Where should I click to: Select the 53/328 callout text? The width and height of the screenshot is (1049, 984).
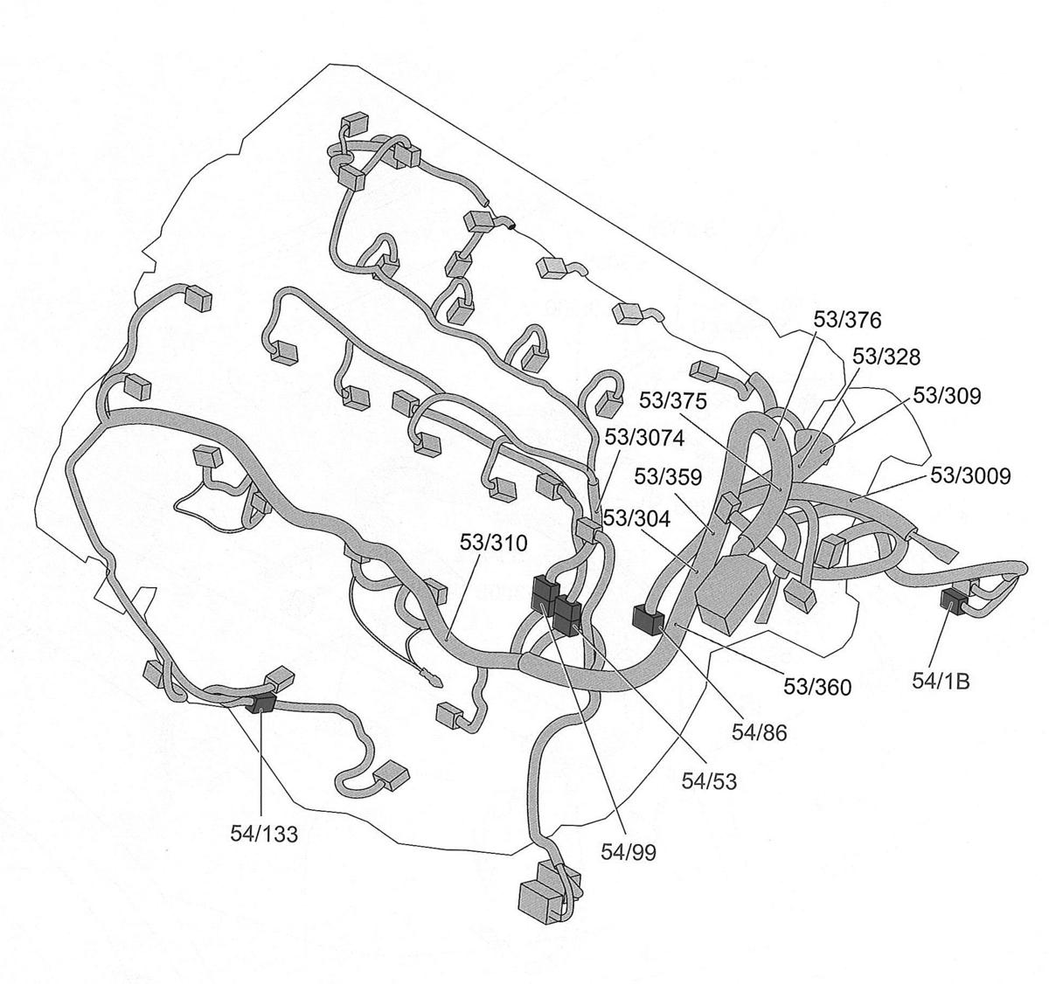[x=886, y=357]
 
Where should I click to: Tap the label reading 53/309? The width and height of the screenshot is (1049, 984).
[x=947, y=396]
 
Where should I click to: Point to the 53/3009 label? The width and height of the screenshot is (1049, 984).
[x=970, y=475]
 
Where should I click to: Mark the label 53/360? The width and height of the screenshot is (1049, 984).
[x=816, y=688]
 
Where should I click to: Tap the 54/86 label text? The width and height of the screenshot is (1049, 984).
[x=760, y=732]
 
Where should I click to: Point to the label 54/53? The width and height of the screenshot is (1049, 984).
[x=709, y=780]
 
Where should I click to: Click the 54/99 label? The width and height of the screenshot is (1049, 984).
[x=629, y=850]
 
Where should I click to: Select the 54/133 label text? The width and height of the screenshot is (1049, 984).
[x=264, y=834]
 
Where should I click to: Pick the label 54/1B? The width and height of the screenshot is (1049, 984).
[x=941, y=682]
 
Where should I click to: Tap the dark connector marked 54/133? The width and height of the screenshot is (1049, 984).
[x=261, y=704]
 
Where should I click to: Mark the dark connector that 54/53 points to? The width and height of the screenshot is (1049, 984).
[x=567, y=616]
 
